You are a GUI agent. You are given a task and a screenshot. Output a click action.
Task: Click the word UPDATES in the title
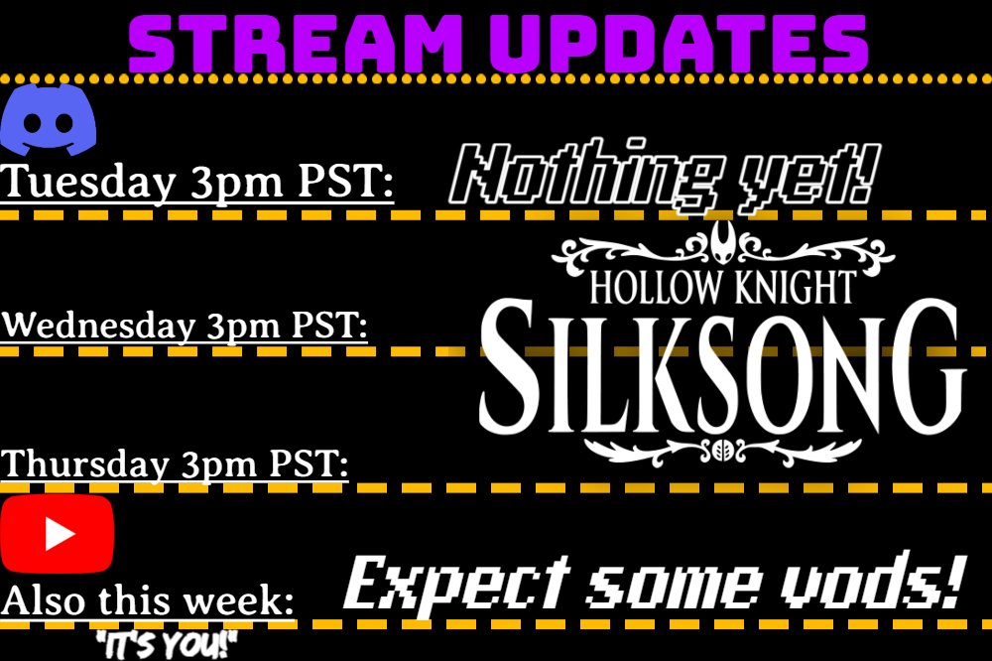click(x=679, y=44)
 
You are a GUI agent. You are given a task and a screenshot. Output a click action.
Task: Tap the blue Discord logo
click(x=48, y=120)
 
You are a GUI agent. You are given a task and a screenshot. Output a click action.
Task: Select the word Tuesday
click(x=86, y=183)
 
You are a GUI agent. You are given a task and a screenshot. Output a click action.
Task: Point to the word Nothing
click(x=586, y=174)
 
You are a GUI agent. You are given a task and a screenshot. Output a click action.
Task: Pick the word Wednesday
click(x=97, y=326)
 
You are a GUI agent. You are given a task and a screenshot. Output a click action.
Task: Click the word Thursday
click(x=84, y=464)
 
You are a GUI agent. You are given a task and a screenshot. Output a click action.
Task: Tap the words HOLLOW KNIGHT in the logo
click(x=722, y=287)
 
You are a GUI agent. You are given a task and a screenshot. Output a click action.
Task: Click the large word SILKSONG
click(x=722, y=367)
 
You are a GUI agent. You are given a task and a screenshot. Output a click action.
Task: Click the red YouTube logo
click(x=57, y=534)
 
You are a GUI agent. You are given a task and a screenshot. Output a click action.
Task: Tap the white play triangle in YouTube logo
click(x=60, y=534)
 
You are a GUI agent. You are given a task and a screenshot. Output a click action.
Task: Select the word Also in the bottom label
click(x=43, y=600)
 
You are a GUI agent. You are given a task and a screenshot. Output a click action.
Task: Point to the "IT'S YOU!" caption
click(x=167, y=645)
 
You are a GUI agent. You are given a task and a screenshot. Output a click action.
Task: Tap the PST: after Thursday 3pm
click(x=309, y=463)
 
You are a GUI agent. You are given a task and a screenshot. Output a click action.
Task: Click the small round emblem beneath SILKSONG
click(x=722, y=451)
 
